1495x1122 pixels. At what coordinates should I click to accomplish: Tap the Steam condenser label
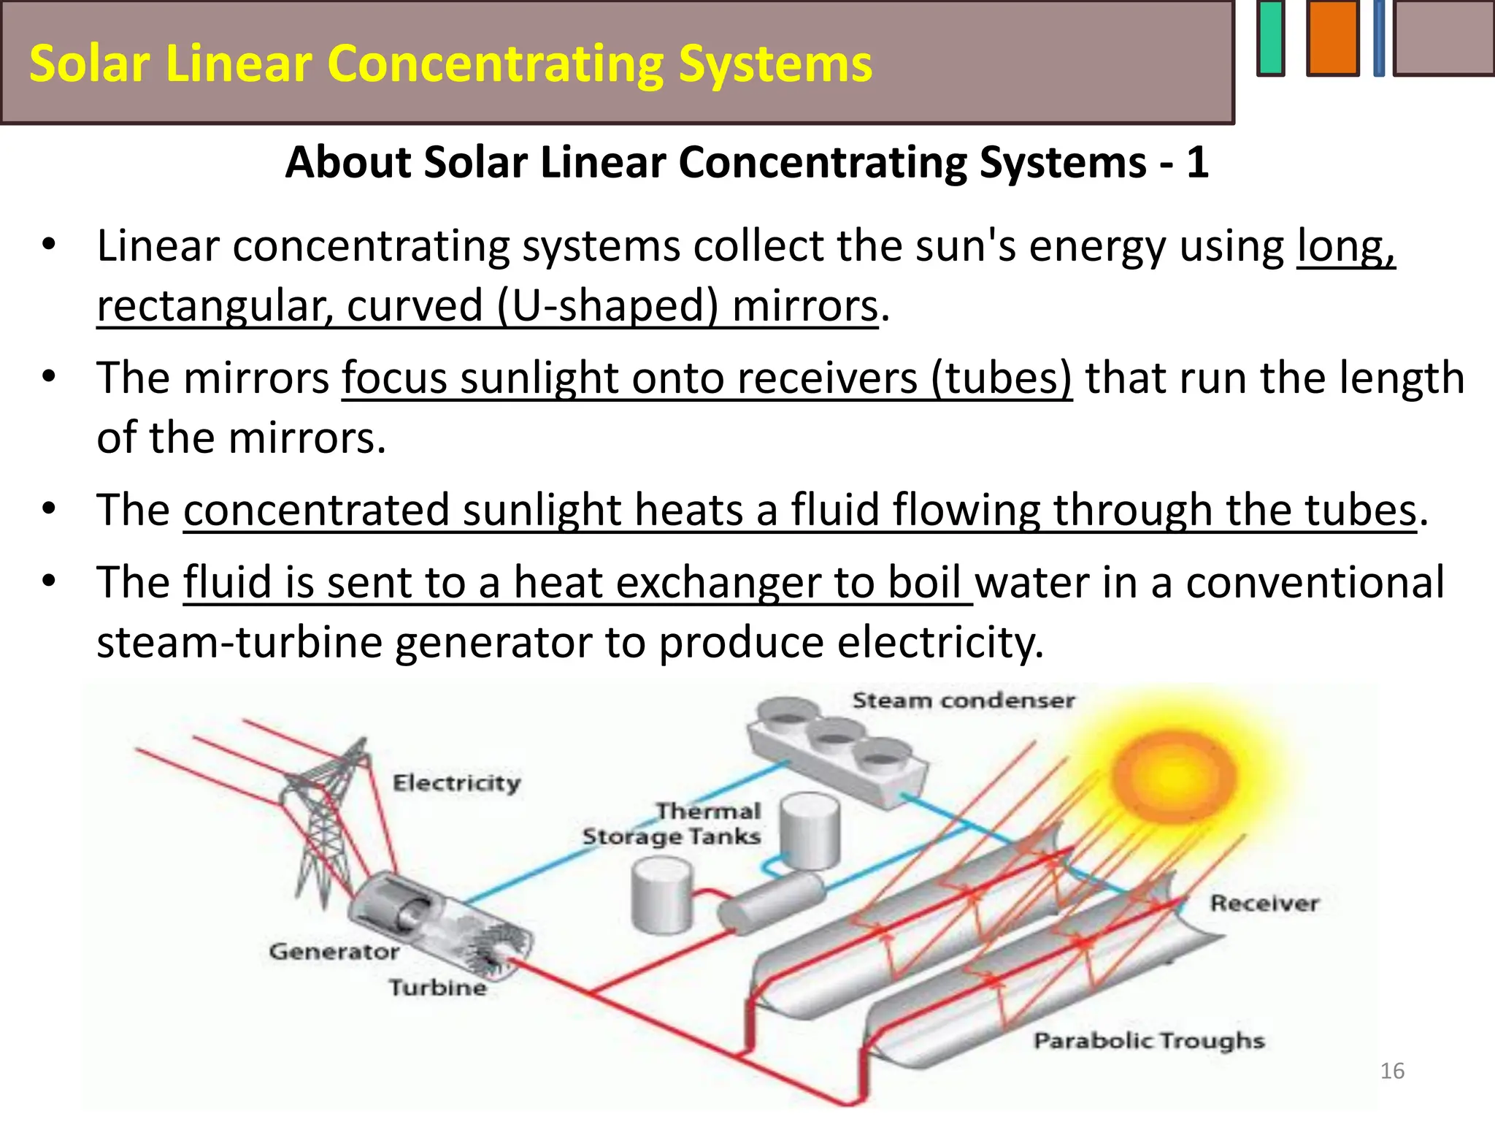[963, 701]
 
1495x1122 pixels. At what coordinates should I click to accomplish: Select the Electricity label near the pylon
[457, 783]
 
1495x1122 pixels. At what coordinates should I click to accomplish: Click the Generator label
[334, 952]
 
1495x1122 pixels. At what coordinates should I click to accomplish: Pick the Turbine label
[437, 988]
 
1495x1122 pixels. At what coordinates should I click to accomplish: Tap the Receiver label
[1264, 904]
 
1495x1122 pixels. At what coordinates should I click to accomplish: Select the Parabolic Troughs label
[1148, 1040]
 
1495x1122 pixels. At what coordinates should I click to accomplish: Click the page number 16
[1392, 1071]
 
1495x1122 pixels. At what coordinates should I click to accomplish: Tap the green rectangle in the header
[1271, 38]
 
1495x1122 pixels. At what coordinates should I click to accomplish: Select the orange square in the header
[1332, 38]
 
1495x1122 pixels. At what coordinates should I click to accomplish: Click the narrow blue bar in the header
[1378, 38]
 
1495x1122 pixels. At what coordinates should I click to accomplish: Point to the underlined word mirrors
[804, 305]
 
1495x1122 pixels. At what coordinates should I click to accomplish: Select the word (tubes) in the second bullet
[1001, 378]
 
